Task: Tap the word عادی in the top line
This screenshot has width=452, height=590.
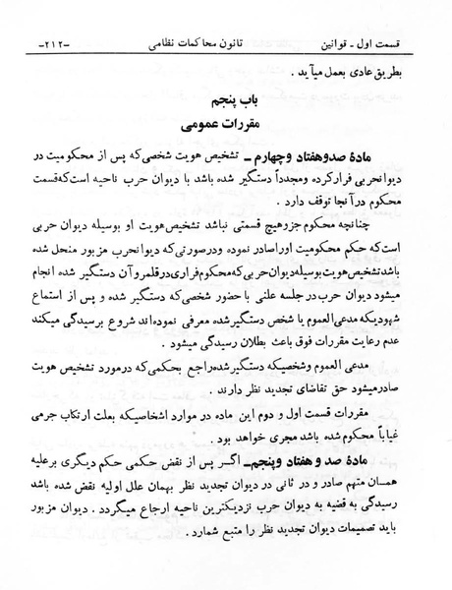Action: [356, 70]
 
